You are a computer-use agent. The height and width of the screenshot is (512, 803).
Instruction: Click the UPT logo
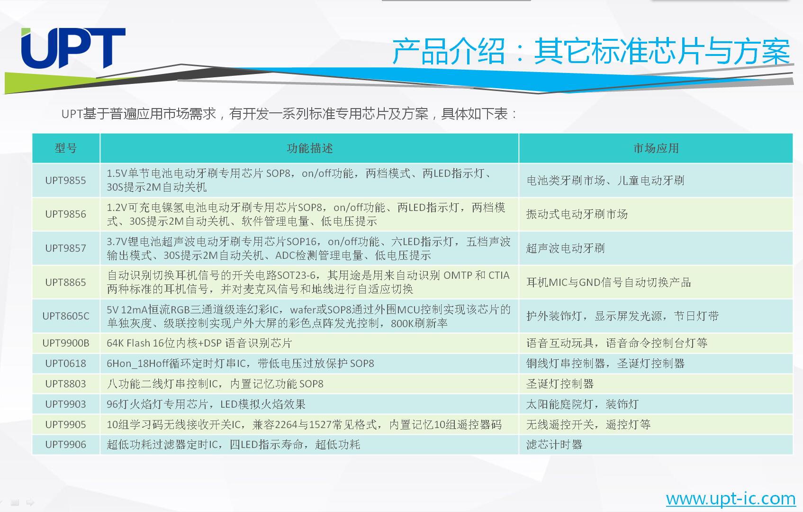(x=73, y=48)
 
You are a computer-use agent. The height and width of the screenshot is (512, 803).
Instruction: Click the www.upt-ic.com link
(x=730, y=499)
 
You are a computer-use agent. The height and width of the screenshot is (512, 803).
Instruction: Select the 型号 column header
(x=65, y=148)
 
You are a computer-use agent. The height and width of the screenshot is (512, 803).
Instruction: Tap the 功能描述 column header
(x=310, y=148)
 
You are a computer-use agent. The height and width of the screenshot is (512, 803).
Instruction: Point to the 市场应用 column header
(x=656, y=148)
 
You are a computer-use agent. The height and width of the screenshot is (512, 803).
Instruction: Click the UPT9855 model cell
(x=65, y=180)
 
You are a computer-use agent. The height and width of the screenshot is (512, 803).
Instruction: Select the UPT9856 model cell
(x=65, y=214)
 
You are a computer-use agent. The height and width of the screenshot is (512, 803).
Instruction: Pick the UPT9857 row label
(x=65, y=248)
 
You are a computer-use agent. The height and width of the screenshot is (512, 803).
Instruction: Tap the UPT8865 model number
(x=65, y=283)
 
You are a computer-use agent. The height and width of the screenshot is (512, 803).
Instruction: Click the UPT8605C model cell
(x=65, y=316)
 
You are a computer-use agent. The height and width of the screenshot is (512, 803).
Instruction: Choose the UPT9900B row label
(x=65, y=343)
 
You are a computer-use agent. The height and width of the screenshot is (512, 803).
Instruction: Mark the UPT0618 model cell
(x=65, y=364)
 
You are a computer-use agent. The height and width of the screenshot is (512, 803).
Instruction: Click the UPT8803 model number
(x=65, y=384)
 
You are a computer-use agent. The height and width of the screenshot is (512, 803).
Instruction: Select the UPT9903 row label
(x=65, y=404)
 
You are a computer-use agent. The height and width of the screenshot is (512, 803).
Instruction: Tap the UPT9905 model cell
(x=65, y=424)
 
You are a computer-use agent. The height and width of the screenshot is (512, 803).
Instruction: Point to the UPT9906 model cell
(x=65, y=445)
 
